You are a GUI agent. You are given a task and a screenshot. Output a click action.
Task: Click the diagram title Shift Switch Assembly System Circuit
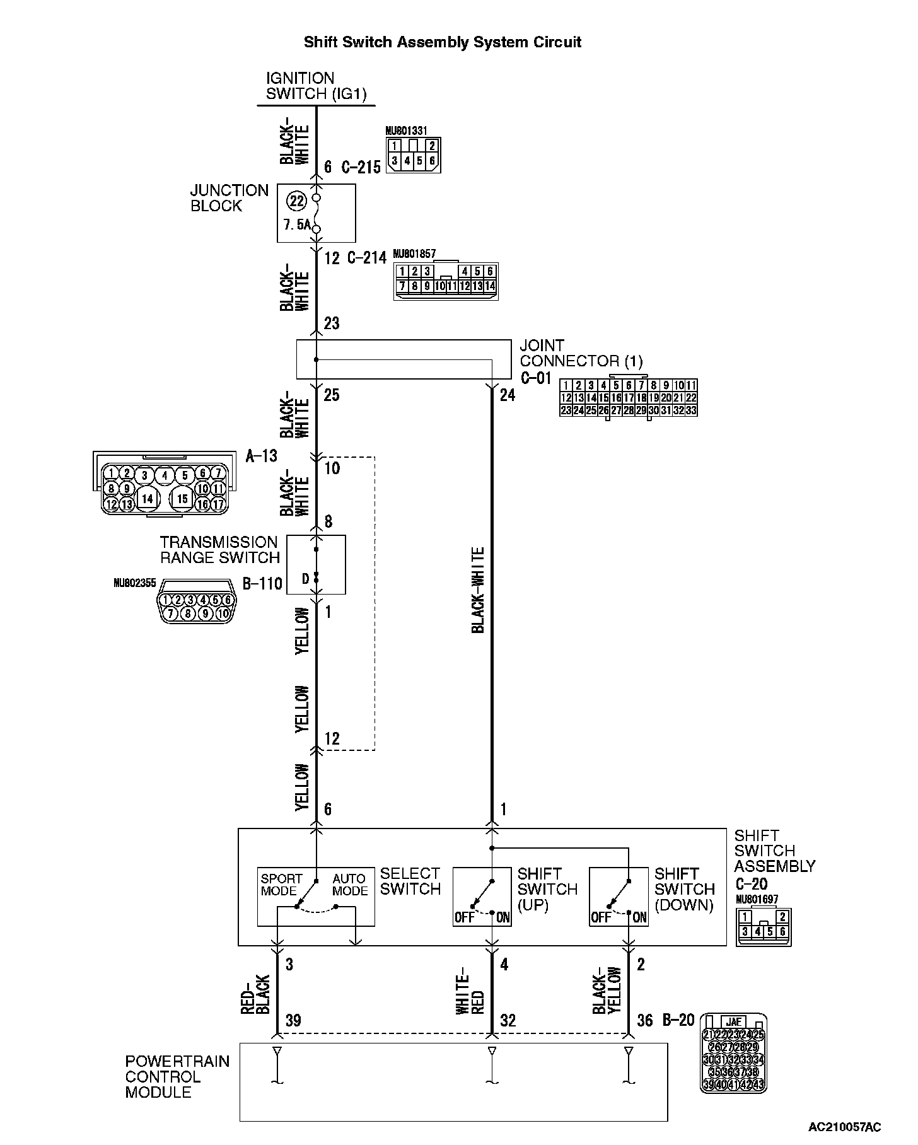click(442, 42)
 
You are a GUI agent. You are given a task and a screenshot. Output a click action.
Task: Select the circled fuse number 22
click(296, 202)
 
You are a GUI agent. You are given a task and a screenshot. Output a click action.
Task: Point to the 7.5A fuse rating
click(297, 225)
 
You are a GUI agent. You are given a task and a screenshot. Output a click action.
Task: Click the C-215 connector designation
click(361, 167)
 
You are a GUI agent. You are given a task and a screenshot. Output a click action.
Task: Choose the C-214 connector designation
click(367, 258)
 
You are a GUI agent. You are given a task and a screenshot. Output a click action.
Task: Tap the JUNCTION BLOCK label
click(229, 198)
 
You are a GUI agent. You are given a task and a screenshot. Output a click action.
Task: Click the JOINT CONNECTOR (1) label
click(581, 354)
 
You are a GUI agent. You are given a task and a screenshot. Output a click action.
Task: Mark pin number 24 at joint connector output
click(507, 395)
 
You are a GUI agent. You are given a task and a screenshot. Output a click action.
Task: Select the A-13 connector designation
click(261, 455)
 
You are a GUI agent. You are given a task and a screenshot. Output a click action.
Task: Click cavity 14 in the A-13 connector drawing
click(148, 499)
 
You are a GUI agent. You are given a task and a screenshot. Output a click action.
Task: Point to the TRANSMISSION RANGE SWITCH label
click(219, 550)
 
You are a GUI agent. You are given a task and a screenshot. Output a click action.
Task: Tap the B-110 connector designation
click(262, 583)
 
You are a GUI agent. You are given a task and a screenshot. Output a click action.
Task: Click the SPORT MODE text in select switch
click(281, 885)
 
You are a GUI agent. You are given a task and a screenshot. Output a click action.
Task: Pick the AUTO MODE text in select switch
click(350, 885)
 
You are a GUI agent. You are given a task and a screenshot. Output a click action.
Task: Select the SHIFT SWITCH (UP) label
click(547, 889)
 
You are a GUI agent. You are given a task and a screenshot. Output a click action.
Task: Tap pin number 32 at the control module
click(508, 1020)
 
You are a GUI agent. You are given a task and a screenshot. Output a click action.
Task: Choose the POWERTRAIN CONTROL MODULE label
click(177, 1077)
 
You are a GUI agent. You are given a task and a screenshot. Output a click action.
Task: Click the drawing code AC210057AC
click(844, 1127)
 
